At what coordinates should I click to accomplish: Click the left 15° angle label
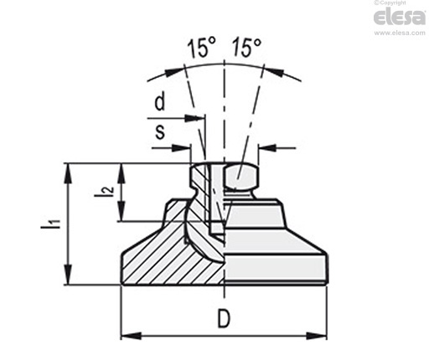point(202,48)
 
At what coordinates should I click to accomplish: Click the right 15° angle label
point(247,48)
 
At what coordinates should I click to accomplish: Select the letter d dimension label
point(160,102)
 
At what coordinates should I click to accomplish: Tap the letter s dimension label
point(160,131)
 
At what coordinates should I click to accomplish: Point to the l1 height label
point(50,225)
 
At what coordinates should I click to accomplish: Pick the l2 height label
point(104,192)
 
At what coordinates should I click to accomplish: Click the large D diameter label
point(224,319)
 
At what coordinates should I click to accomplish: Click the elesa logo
point(400,17)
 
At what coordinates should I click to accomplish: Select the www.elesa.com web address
point(400,33)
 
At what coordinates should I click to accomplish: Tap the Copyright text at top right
point(390,3)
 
